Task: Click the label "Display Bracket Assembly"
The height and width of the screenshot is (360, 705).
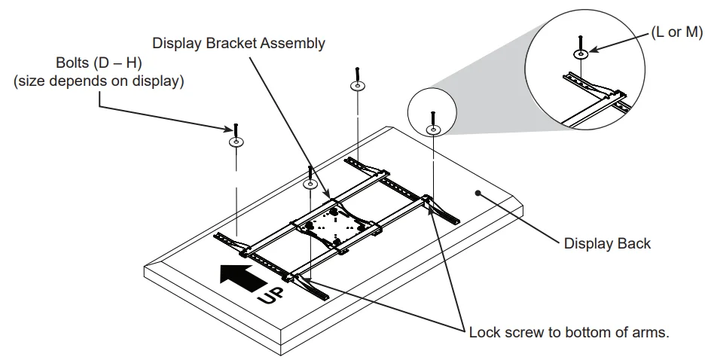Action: click(x=239, y=43)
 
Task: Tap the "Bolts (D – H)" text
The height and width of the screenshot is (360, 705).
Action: click(x=98, y=63)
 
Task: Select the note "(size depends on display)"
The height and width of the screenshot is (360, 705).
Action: click(x=98, y=81)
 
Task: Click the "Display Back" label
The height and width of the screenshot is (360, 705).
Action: click(x=607, y=243)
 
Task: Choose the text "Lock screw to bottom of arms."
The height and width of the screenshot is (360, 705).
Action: click(x=569, y=332)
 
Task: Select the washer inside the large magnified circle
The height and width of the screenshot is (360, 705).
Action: click(x=581, y=55)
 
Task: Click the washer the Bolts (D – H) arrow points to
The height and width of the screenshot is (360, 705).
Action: click(x=236, y=142)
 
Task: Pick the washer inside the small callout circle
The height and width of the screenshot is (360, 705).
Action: click(x=432, y=130)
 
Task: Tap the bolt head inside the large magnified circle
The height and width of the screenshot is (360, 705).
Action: click(x=581, y=38)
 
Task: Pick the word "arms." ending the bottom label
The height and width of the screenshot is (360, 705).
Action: click(x=652, y=332)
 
